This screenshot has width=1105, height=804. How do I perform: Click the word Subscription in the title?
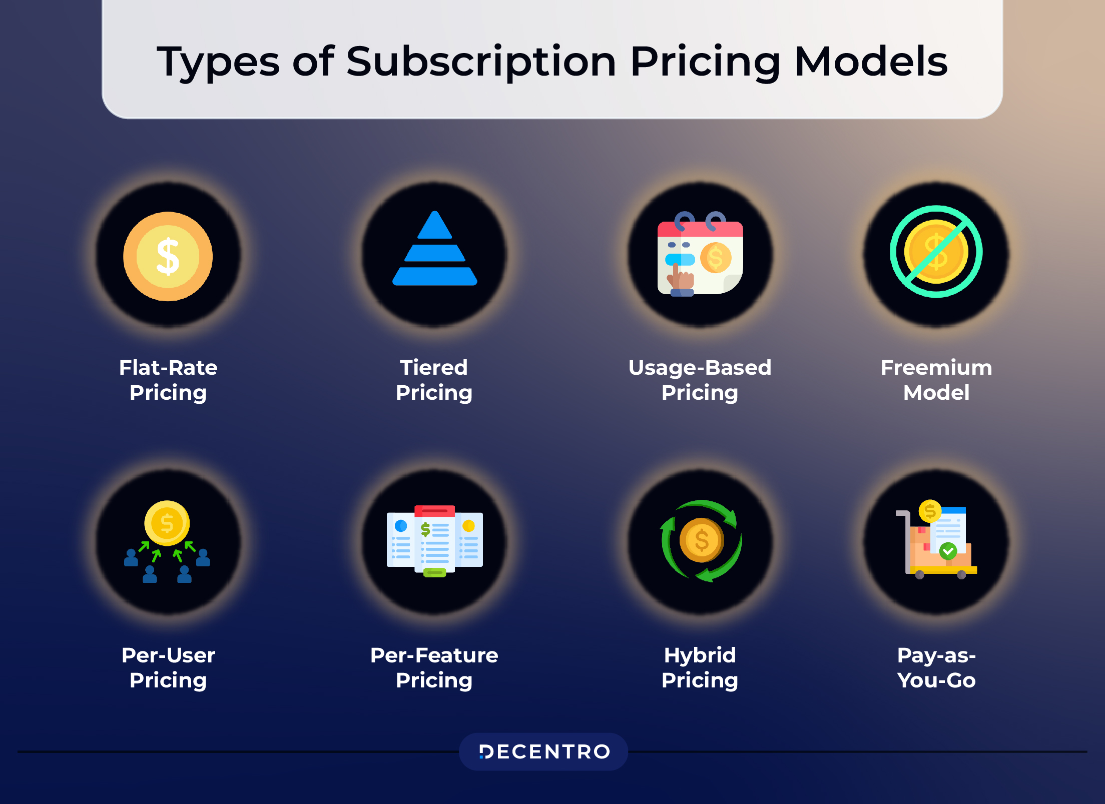click(x=480, y=62)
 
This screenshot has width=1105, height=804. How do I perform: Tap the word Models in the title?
click(x=871, y=62)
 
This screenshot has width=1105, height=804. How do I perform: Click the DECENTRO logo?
click(x=544, y=751)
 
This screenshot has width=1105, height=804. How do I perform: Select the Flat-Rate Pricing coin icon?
click(x=168, y=256)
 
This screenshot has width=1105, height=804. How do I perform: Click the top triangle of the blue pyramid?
click(x=434, y=226)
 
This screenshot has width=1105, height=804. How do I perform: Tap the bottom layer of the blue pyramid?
click(x=434, y=276)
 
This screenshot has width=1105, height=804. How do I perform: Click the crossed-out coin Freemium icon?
click(x=936, y=252)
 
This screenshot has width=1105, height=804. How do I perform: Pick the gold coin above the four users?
click(x=167, y=523)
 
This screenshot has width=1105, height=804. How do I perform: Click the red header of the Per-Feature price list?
click(x=434, y=511)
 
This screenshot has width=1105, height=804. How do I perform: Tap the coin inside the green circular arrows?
click(x=701, y=540)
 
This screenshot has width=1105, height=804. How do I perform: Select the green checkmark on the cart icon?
click(x=948, y=551)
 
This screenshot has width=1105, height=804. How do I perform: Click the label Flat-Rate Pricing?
click(x=168, y=380)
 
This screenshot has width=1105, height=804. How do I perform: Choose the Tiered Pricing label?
click(x=434, y=380)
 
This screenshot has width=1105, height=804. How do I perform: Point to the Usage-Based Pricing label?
click(x=700, y=380)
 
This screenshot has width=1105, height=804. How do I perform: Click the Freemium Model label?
click(x=936, y=380)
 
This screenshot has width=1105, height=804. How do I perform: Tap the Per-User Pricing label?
click(x=168, y=667)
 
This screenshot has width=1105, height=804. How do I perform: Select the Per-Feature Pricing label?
click(x=434, y=667)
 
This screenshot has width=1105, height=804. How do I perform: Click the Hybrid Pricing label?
click(x=700, y=667)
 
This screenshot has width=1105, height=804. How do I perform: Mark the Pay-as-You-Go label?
click(x=936, y=667)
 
